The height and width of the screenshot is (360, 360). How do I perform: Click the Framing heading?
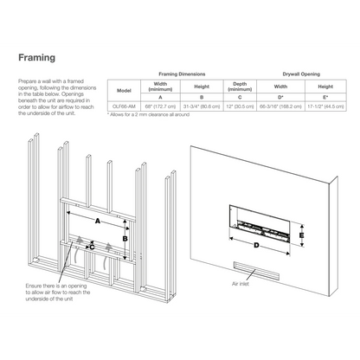tap(39, 58)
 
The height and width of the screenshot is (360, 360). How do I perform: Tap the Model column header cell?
tap(124, 91)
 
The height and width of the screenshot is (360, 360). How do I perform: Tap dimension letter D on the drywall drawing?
tap(257, 245)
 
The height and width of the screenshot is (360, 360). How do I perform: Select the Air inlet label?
tap(240, 283)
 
